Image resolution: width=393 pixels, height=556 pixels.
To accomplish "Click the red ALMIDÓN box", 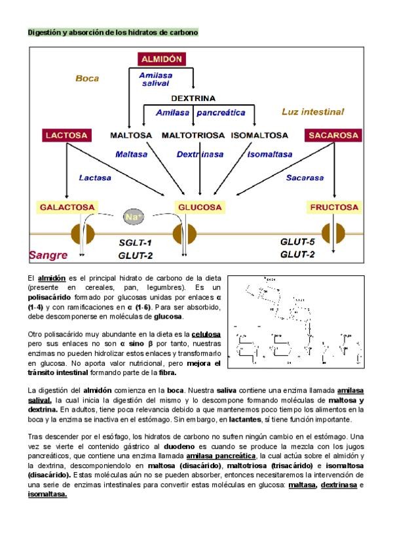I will click(x=162, y=59).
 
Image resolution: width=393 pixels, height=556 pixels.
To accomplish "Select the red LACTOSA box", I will click(x=66, y=136).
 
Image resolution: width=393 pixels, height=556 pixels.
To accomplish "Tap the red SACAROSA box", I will click(x=334, y=136).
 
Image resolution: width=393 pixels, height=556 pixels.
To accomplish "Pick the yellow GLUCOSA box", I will click(x=200, y=207).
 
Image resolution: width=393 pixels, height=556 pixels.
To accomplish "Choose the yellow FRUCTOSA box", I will click(x=335, y=207).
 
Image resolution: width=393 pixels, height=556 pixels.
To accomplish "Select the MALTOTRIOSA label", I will click(x=193, y=136).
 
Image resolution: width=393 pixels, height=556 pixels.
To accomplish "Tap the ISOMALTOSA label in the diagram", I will click(x=259, y=136).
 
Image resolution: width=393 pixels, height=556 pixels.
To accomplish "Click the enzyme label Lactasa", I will click(x=95, y=177).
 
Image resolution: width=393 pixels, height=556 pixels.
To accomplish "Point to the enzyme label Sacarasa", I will click(x=305, y=177).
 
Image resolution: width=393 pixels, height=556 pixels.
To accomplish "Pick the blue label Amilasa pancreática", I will click(x=200, y=113).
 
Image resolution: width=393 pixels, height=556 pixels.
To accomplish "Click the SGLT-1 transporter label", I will click(x=135, y=243).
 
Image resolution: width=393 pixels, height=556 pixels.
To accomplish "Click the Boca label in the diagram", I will click(x=87, y=79).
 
